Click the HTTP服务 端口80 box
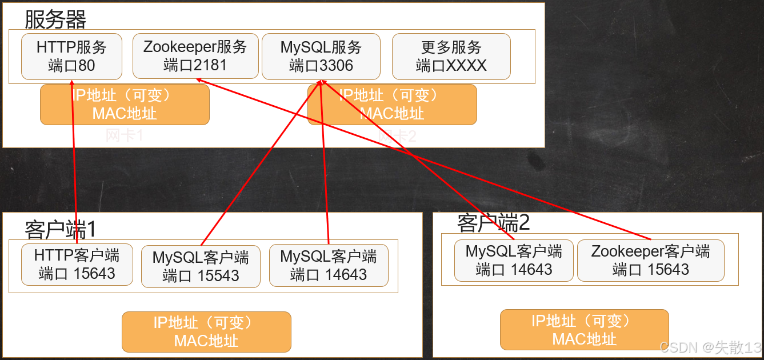pos(71,56)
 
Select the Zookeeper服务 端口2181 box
pos(195,55)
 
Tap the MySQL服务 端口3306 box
pos(321,56)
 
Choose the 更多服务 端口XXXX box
pos(451,56)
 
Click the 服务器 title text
pos(55,19)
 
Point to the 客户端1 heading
pos(60,229)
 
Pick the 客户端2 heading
pos(493,223)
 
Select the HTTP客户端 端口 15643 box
pos(77,265)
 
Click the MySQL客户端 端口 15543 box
pos(201,266)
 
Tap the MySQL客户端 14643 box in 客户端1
pos(329,266)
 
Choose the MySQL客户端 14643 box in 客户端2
pos(514,261)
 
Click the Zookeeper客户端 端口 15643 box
pos(650,261)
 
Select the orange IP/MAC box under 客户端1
pos(206,332)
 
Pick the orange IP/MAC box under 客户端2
pos(584,330)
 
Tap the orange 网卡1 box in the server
pos(125,105)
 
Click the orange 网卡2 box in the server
pos(392,105)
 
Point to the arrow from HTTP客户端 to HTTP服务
pos(75,171)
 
